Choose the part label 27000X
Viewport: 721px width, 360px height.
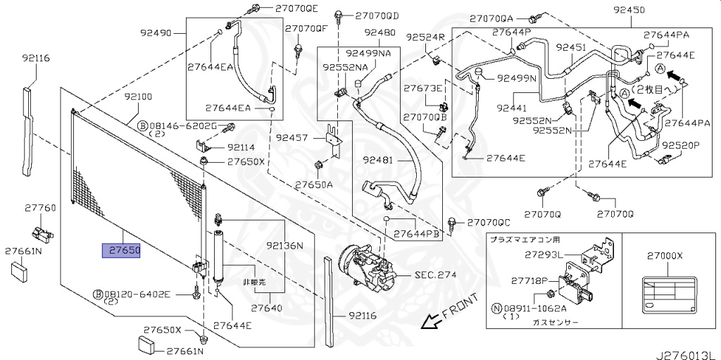[665, 256]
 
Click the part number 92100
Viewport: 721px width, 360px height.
[138, 96]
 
